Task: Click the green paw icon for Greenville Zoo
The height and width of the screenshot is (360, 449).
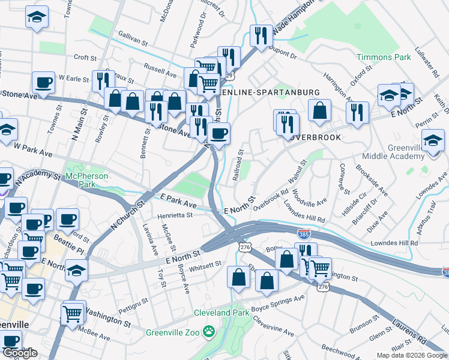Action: pos(208,331)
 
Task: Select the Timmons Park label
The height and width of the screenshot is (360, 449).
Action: pos(384,57)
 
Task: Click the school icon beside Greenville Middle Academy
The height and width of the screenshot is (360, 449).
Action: pos(433,141)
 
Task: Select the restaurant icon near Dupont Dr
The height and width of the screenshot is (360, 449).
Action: pos(261,35)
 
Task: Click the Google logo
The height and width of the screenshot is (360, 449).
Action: pos(19,353)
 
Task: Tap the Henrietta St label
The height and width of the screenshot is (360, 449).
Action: pos(175,215)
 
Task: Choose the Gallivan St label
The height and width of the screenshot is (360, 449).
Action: pos(133,40)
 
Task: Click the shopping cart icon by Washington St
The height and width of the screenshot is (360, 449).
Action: pos(73,313)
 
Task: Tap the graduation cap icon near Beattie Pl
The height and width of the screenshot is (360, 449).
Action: pos(76,271)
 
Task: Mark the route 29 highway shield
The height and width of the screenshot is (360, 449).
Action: pos(229,76)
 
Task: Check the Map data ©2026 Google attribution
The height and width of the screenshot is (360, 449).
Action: pos(412,355)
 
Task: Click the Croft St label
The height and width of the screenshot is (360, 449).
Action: pos(85,58)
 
